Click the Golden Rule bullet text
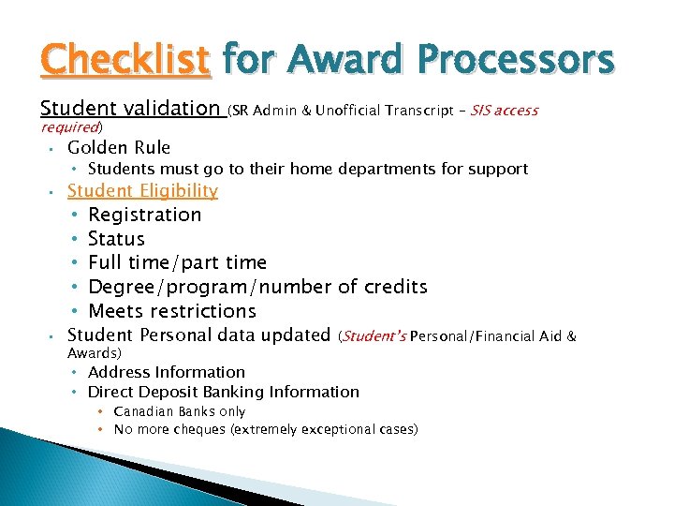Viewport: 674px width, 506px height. point(119,147)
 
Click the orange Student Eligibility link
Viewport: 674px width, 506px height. point(142,190)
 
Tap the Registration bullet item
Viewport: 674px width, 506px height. point(144,215)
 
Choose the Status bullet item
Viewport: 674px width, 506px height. point(116,239)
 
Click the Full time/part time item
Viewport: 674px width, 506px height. point(177,262)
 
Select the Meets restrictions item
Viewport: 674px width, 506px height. point(171,311)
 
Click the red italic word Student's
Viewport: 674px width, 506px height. point(374,335)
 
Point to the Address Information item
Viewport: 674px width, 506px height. point(166,372)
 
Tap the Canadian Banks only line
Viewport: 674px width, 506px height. point(179,411)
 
